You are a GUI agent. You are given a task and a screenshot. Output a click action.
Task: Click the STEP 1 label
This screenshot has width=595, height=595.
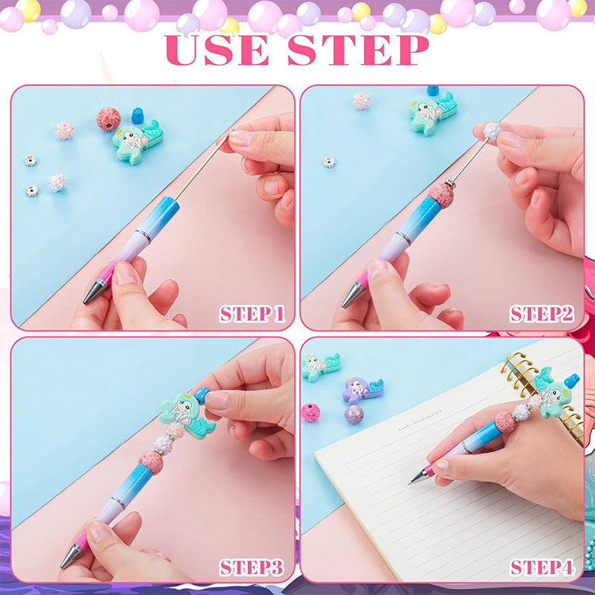click(251, 314)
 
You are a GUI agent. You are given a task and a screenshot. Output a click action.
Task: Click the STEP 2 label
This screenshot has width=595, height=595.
click(541, 314)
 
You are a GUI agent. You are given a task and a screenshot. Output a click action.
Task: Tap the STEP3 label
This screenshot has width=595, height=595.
click(251, 568)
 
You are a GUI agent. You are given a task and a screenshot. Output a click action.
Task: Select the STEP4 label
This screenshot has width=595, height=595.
click(541, 568)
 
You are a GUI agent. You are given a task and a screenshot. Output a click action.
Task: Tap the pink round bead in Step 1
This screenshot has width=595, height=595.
click(109, 118)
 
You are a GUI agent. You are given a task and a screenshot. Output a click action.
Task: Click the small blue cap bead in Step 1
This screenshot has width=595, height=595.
click(137, 115)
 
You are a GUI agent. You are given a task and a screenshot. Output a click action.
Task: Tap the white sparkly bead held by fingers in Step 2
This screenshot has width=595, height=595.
click(492, 132)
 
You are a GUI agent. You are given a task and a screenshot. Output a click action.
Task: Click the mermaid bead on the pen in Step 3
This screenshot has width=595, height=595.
click(184, 414)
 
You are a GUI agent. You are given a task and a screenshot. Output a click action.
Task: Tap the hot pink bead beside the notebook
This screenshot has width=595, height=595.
click(310, 412)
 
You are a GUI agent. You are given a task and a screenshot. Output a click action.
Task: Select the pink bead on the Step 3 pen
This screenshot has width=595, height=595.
click(150, 462)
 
